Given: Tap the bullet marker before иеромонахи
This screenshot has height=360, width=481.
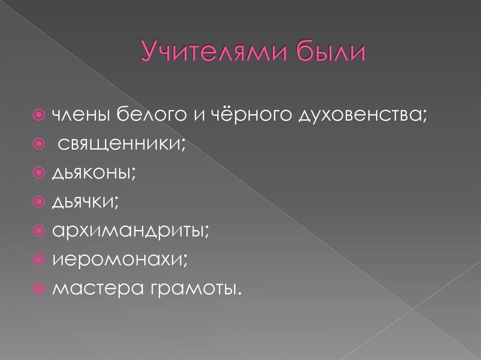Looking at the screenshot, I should coord(40,258).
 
